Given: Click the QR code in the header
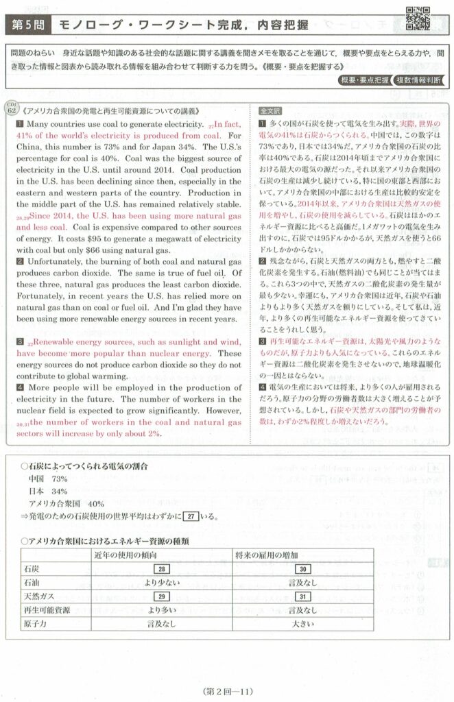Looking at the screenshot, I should tap(418, 19).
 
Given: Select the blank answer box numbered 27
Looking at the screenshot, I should tap(193, 516).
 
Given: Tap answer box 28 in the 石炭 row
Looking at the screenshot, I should tap(163, 568).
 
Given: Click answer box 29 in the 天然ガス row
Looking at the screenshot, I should tap(163, 596).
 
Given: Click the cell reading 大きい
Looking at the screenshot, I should tap(303, 624).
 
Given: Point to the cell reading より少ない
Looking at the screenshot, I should tap(162, 582).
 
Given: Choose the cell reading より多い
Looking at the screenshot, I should tap(162, 609).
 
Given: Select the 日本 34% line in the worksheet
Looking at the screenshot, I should tap(48, 491).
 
